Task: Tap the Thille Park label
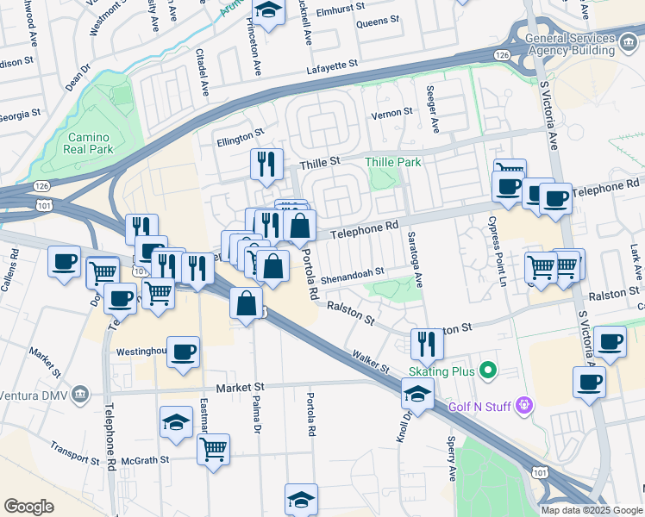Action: point(392,162)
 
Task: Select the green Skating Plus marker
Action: point(488,371)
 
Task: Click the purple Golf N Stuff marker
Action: point(523,405)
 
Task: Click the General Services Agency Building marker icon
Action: point(629,47)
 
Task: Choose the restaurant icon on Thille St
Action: point(266,163)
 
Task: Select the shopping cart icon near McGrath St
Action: point(213,448)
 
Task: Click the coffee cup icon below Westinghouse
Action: point(184,352)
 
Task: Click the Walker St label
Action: point(371,360)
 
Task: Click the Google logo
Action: point(28,507)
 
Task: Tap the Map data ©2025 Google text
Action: point(592,510)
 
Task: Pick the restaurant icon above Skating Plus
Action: point(427,344)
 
